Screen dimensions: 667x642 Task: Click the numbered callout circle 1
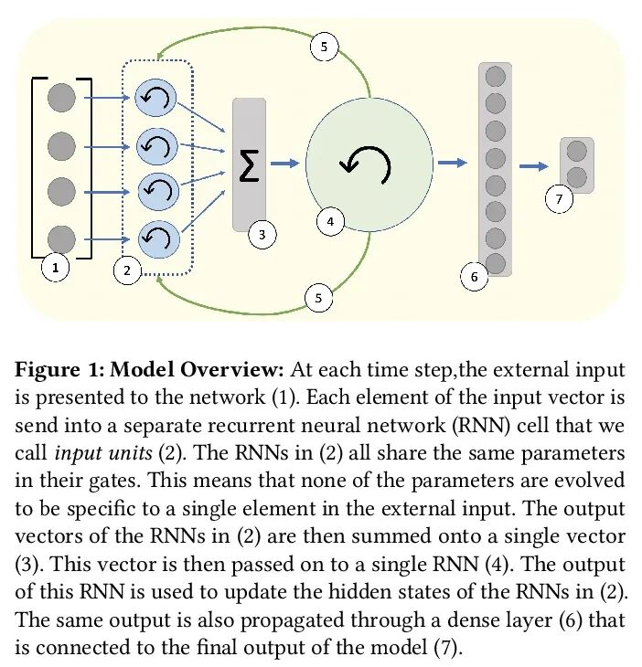click(x=56, y=268)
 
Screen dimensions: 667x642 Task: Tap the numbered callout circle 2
click(x=127, y=270)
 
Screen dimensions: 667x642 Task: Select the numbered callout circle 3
click(x=262, y=236)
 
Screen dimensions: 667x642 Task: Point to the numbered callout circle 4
click(x=329, y=220)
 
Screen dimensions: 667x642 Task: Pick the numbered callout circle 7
click(x=558, y=197)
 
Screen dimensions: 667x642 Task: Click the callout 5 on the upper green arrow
click(x=324, y=46)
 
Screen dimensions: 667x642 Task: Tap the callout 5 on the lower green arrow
click(x=318, y=298)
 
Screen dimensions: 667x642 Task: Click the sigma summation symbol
click(x=249, y=164)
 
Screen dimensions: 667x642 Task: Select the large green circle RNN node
click(x=369, y=164)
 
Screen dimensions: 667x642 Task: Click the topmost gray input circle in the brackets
click(x=61, y=95)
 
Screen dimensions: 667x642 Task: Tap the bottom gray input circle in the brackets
click(x=61, y=238)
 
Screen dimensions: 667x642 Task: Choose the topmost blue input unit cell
click(x=155, y=97)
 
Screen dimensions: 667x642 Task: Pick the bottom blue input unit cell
click(x=155, y=239)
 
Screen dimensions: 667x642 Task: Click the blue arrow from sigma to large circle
click(x=284, y=164)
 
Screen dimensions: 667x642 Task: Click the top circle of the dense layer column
click(x=495, y=77)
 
